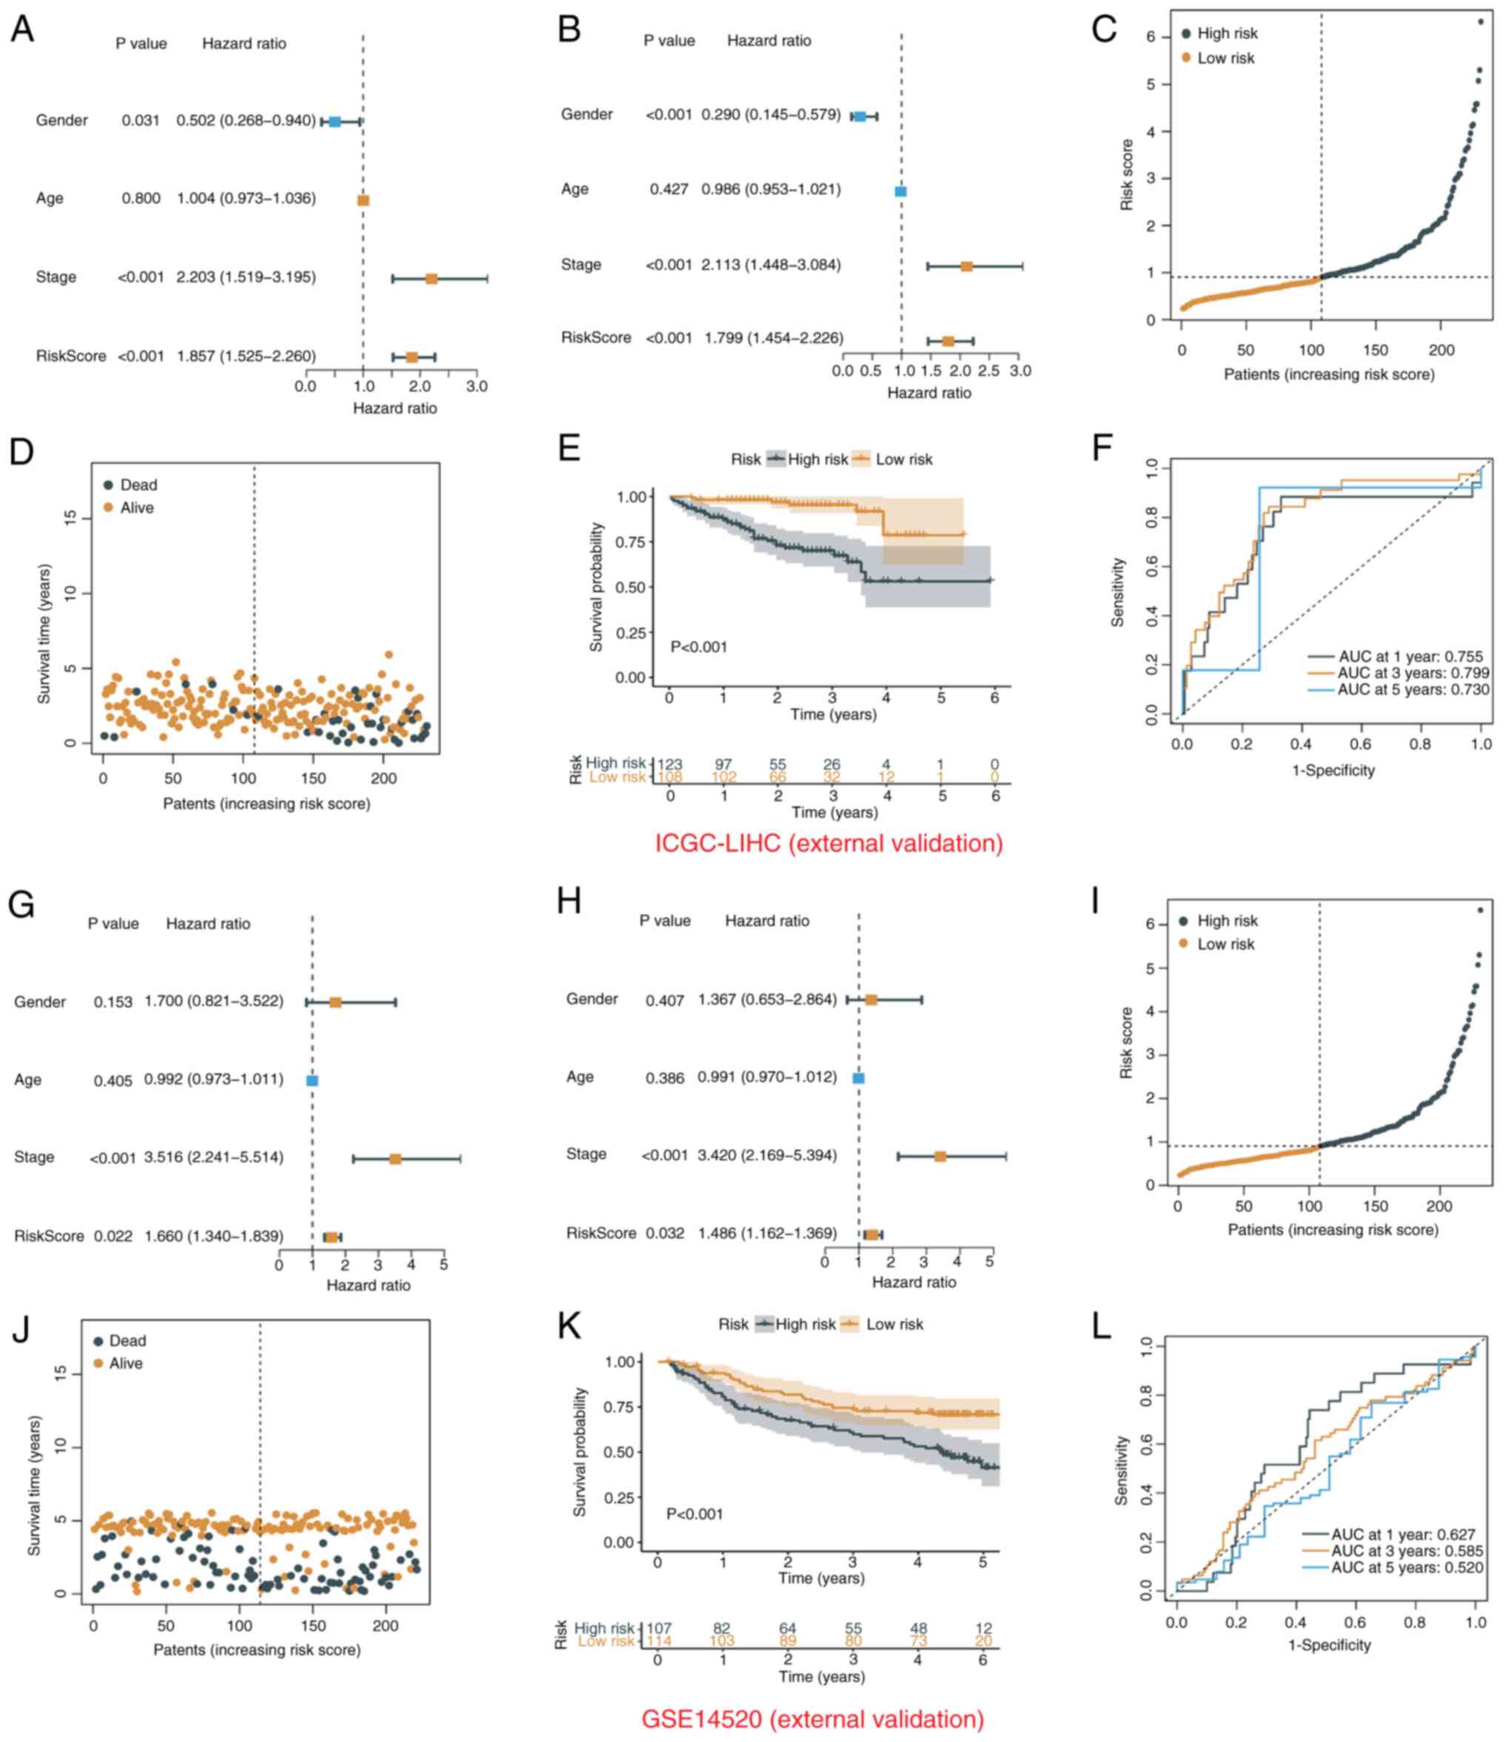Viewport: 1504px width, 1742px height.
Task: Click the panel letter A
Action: (23, 30)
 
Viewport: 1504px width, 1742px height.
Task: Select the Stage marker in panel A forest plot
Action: (432, 278)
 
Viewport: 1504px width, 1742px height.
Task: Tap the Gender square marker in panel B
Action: (860, 117)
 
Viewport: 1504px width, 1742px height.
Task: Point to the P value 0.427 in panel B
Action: (668, 190)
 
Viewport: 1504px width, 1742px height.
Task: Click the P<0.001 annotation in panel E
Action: (699, 646)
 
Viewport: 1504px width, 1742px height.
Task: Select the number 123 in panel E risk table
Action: (669, 764)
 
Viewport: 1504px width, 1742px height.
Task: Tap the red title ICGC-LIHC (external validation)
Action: (828, 843)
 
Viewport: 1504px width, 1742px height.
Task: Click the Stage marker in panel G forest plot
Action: (395, 1159)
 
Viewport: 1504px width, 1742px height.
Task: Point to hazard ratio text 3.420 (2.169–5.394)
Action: (767, 1155)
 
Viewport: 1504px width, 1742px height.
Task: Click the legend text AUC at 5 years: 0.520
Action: (1406, 1567)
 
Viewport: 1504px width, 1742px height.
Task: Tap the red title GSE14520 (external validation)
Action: (812, 1719)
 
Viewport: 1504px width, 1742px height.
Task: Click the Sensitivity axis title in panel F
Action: (1118, 593)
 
